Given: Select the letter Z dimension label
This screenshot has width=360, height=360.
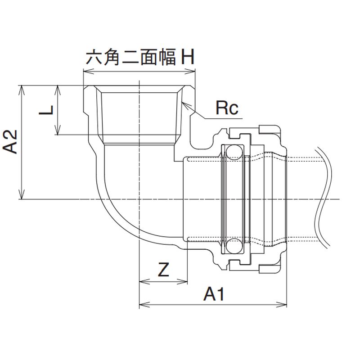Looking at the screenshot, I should [163, 270].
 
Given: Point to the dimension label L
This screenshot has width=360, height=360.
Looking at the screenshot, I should [47, 110].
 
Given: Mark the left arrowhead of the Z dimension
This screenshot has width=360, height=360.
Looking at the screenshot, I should [141, 282].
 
